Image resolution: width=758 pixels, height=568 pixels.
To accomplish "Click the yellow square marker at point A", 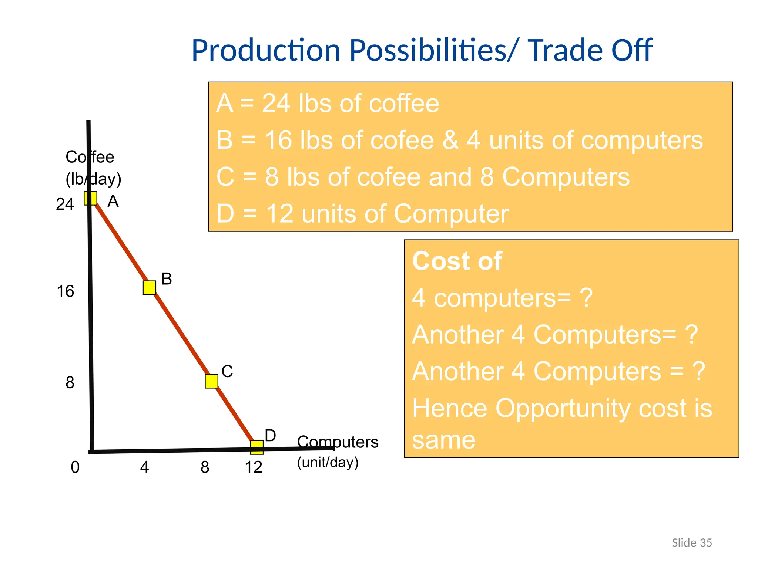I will point(91,198).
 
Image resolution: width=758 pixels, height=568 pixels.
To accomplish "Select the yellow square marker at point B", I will point(150,287).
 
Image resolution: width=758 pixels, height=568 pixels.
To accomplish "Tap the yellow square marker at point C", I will point(211,381).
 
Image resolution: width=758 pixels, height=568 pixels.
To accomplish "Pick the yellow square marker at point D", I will point(257,447).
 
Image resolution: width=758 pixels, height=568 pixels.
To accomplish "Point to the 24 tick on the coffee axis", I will point(65,204).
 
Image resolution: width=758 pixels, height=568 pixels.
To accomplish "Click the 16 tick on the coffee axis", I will point(65,291).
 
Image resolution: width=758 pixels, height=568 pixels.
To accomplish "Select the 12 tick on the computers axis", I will point(254,467).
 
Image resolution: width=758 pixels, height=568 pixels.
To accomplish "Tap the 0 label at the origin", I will point(75,467).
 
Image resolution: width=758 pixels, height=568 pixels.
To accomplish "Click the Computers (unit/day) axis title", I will point(337,452).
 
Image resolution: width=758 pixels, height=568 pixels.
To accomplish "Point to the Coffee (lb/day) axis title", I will point(93,168).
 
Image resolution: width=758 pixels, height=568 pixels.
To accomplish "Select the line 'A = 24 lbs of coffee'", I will point(328,103).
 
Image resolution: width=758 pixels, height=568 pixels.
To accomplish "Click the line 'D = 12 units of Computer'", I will point(362,214).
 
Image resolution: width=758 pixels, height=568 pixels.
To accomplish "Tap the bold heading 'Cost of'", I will point(457,261).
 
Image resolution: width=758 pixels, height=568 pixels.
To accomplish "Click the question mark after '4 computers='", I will point(586,298).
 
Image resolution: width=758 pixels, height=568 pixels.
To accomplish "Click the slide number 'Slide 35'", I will point(692,543).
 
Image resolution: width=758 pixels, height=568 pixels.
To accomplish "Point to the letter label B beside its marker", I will point(167,279).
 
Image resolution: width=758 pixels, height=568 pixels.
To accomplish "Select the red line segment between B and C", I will point(181,334).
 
